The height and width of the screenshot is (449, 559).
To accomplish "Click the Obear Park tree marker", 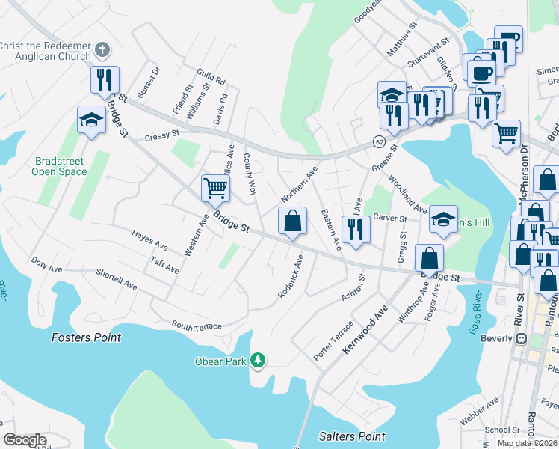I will point(258,361).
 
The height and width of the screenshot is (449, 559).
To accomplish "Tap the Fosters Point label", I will point(86,337).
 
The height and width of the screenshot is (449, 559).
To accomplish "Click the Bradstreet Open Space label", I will point(59,166).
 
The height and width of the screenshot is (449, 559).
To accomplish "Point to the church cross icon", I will point(103,51).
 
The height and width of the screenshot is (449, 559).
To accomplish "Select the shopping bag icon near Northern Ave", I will point(292,221).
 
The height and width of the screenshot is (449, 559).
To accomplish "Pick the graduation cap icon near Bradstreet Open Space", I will point(91,120).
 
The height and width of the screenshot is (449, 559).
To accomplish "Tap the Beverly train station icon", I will point(523,338).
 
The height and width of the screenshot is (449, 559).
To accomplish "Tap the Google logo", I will point(25,440).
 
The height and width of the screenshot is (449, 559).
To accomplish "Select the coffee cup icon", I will point(481,72).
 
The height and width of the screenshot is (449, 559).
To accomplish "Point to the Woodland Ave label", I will point(407,195).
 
